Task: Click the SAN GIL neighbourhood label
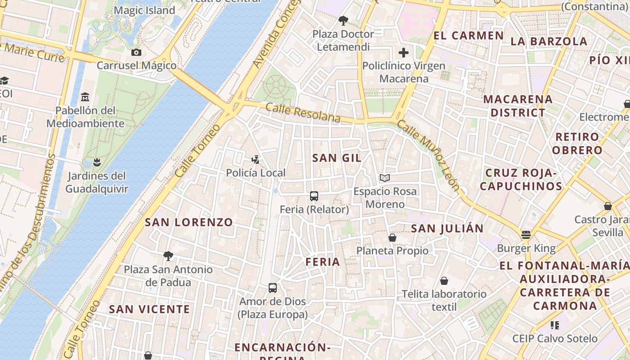[x=337, y=158]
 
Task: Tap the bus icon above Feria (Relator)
[x=314, y=196]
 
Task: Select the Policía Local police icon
[x=256, y=159]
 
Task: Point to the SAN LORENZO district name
[x=189, y=222]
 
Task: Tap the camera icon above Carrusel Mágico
[x=136, y=53]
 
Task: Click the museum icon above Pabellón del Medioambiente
[x=85, y=97]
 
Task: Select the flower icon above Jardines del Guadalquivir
[x=97, y=162]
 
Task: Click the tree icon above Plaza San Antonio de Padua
[x=168, y=256]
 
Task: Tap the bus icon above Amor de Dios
[x=272, y=288]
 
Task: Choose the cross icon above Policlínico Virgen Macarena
[x=404, y=53]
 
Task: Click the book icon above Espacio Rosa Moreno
[x=384, y=178]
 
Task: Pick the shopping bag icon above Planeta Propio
[x=392, y=238]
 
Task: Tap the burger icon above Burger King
[x=526, y=235]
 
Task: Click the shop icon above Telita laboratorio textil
[x=444, y=281]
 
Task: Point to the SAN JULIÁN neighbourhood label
[x=447, y=229]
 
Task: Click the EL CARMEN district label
[x=468, y=36]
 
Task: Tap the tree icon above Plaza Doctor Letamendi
[x=343, y=21]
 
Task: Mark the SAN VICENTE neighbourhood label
[x=149, y=310]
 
